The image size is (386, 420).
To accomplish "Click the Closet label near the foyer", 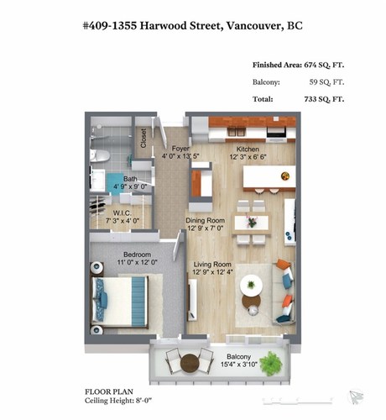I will (143, 135).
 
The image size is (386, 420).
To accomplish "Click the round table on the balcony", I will (183, 363).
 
